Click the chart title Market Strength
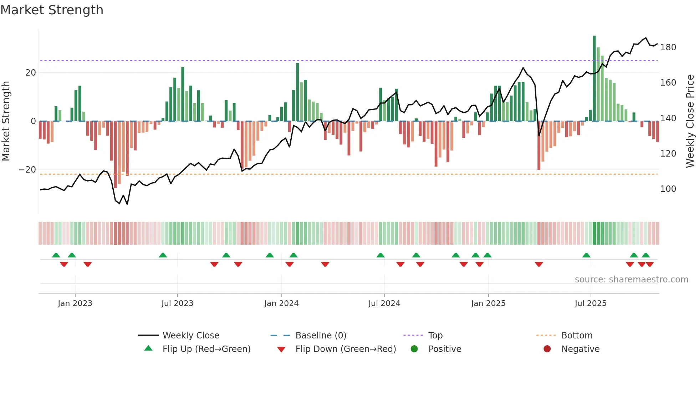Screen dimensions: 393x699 click(52, 10)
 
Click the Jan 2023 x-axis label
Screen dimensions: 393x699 click(75, 303)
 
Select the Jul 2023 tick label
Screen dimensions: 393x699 click(177, 303)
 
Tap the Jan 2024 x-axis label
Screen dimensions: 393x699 click(281, 303)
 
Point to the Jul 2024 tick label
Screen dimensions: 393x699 click(384, 303)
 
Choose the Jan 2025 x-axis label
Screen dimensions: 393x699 click(488, 303)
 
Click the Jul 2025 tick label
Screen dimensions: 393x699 click(591, 303)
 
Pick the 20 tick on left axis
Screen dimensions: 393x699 click(31, 73)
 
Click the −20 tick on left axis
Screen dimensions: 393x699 click(27, 170)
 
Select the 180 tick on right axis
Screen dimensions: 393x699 click(668, 47)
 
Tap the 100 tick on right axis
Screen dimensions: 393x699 click(668, 189)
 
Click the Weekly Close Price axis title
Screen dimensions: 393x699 click(690, 121)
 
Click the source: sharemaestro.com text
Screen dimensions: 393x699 click(631, 280)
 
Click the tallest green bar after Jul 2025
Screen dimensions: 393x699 click(594, 78)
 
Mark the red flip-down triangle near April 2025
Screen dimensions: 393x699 click(539, 264)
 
